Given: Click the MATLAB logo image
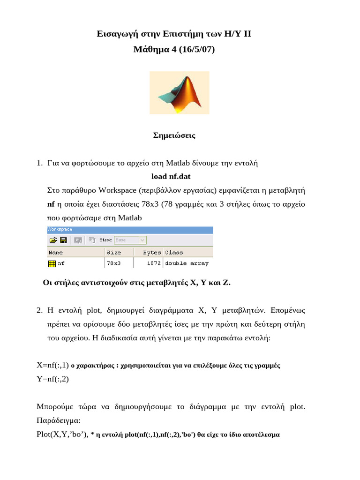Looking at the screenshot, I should click(179, 92).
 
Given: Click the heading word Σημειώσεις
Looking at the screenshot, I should click(174, 135).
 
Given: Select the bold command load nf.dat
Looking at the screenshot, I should click(171, 176).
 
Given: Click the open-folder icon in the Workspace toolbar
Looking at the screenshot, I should click(53, 240).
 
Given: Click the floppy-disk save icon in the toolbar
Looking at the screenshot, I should click(63, 240).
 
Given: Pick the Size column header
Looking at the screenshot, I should click(113, 252).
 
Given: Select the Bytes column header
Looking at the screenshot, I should click(151, 252).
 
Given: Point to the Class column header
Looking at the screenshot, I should click(174, 252).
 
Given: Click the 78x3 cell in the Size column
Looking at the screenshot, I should click(113, 263).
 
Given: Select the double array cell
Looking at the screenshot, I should click(187, 263).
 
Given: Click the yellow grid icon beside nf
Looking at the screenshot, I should click(52, 263).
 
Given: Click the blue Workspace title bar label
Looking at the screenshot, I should click(60, 229).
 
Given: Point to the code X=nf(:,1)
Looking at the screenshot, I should click(52, 365).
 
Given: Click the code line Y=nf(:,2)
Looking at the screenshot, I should click(52, 379).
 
